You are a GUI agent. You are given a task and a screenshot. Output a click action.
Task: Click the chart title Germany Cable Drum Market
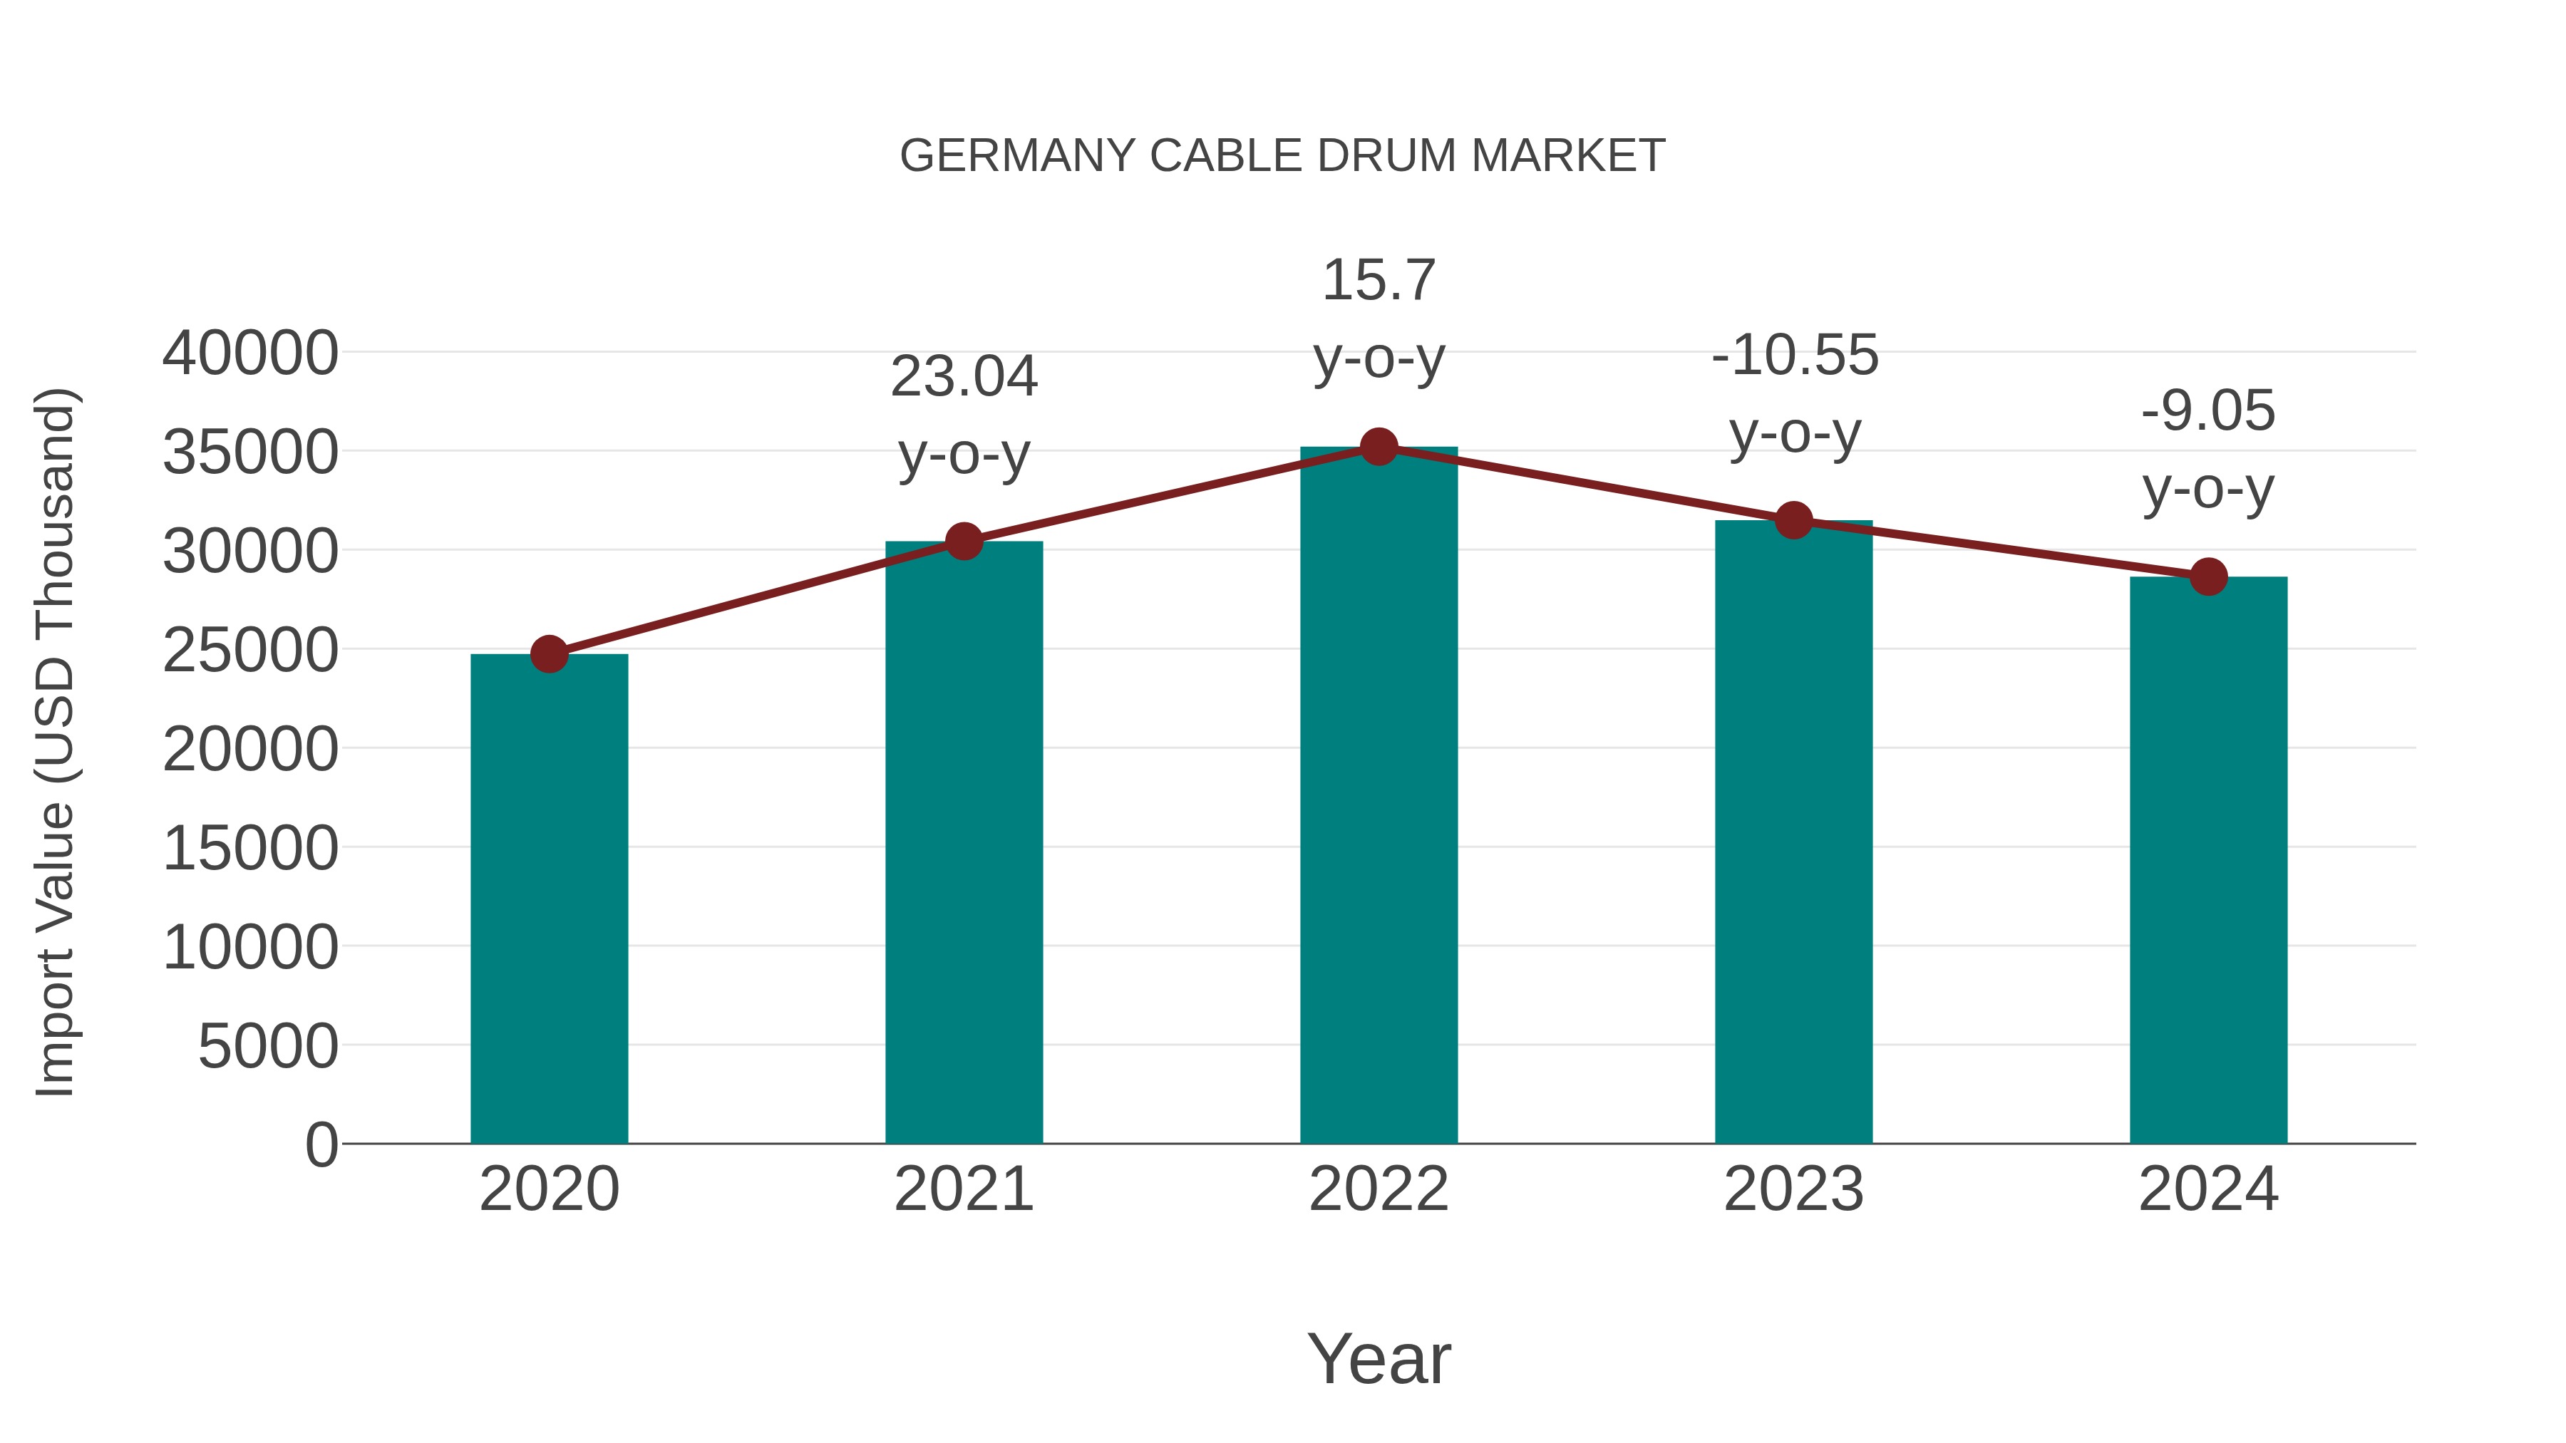coord(1282,156)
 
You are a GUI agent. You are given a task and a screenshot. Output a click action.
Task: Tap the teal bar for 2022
coord(1379,797)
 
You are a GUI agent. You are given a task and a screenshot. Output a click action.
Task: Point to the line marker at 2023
coord(1793,520)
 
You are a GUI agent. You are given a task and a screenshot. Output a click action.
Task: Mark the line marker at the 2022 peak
coord(1379,447)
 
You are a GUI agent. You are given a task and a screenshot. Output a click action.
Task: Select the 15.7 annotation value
coord(1379,280)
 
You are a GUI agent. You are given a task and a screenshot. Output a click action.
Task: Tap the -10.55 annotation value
coord(1794,356)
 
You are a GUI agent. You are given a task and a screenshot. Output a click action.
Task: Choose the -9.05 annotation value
coord(2208,411)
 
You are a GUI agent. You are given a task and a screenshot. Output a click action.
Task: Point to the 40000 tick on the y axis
coord(250,353)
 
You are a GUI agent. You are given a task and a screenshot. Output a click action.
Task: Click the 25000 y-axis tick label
coord(250,651)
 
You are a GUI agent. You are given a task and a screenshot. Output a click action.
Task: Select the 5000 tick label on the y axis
coord(268,1047)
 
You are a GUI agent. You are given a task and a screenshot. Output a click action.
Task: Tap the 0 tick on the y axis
coord(321,1145)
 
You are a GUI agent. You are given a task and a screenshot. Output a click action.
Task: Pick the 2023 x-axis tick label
coord(1793,1190)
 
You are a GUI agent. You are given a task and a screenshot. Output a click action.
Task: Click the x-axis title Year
coord(1379,1360)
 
